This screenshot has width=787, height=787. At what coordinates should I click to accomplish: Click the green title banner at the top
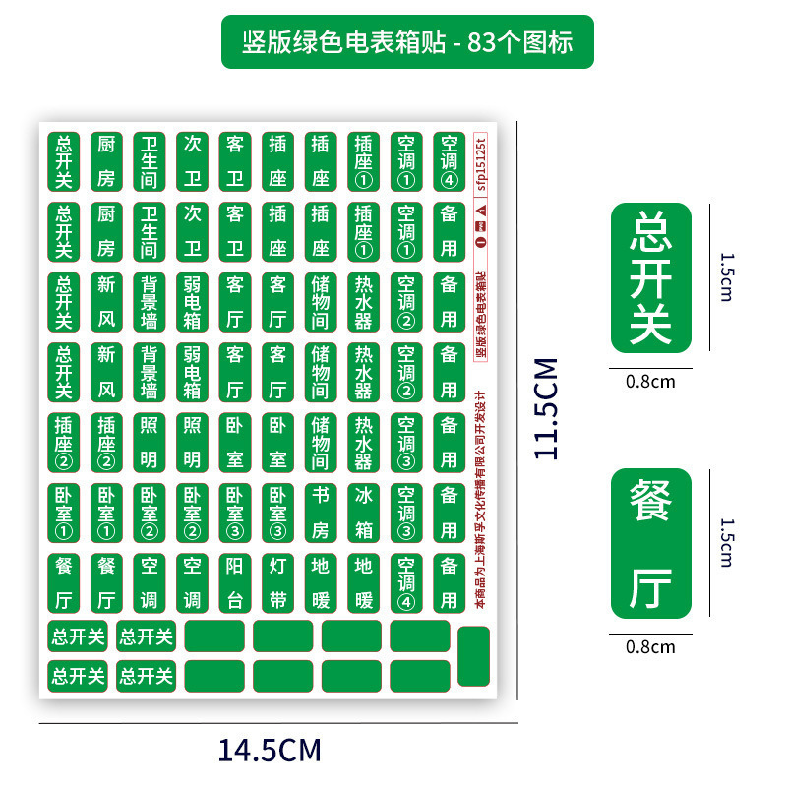[407, 41]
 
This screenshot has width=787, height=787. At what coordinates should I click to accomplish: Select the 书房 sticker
[320, 512]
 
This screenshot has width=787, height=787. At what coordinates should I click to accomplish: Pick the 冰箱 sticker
[363, 512]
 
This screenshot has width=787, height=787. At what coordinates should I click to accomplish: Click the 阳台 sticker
[234, 581]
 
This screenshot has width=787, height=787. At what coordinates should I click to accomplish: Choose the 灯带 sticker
[277, 581]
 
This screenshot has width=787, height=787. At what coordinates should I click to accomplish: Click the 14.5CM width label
[270, 751]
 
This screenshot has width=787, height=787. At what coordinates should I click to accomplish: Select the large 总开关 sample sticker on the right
[650, 278]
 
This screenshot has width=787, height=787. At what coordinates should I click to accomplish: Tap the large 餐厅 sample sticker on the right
[650, 544]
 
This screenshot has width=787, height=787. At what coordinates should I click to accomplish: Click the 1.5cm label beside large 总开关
[726, 277]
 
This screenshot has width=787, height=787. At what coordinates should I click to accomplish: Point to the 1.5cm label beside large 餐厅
[726, 543]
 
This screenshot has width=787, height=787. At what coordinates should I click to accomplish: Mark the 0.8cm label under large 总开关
[650, 381]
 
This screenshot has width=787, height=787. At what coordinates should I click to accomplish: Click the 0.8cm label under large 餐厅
[650, 646]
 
